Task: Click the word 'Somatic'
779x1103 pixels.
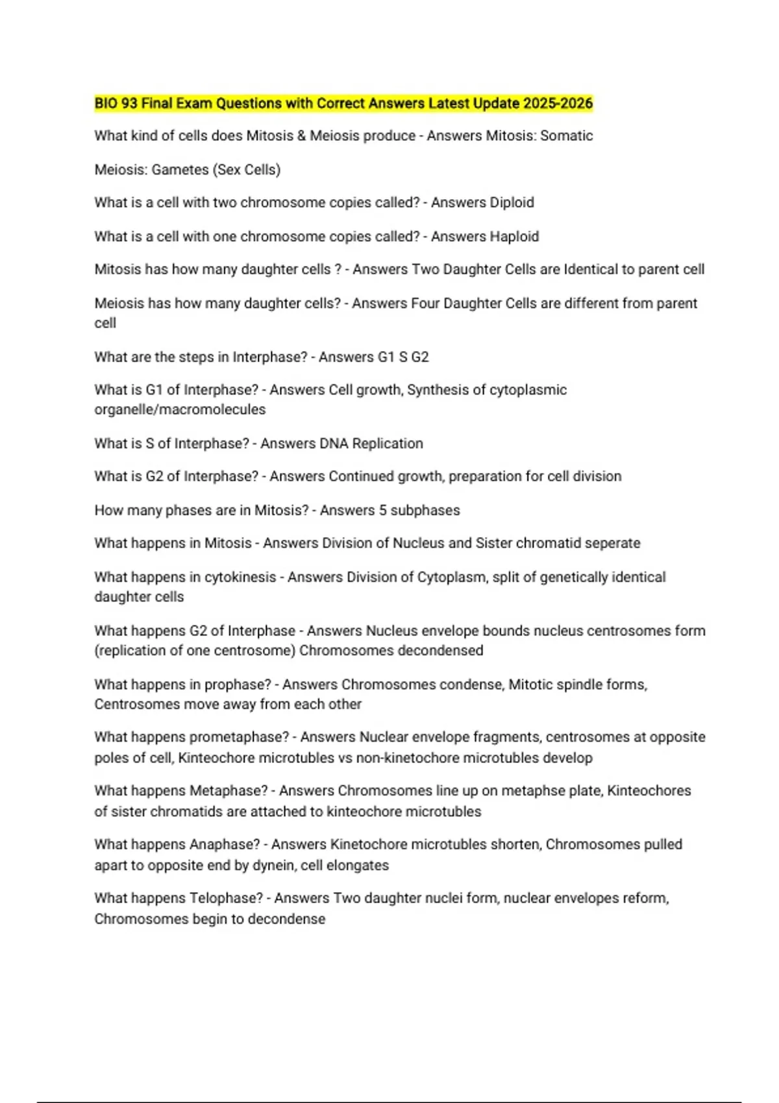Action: [567, 136]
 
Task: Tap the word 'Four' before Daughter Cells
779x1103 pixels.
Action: [425, 304]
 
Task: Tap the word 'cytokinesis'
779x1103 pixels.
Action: [240, 577]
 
